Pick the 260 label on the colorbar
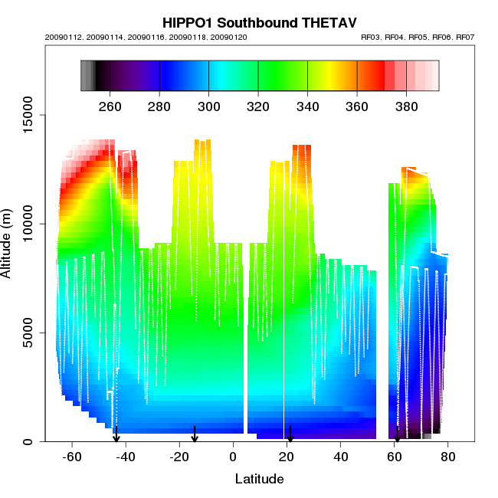110,106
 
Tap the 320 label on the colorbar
258,106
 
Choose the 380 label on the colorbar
406,106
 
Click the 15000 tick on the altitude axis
29,115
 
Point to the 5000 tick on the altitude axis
29,333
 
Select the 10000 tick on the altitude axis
29,224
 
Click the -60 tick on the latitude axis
72,457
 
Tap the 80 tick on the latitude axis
448,457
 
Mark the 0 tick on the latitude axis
234,457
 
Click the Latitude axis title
259,480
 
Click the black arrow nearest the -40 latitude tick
116,434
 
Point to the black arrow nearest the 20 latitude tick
290,434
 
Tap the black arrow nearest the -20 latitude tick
195,434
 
